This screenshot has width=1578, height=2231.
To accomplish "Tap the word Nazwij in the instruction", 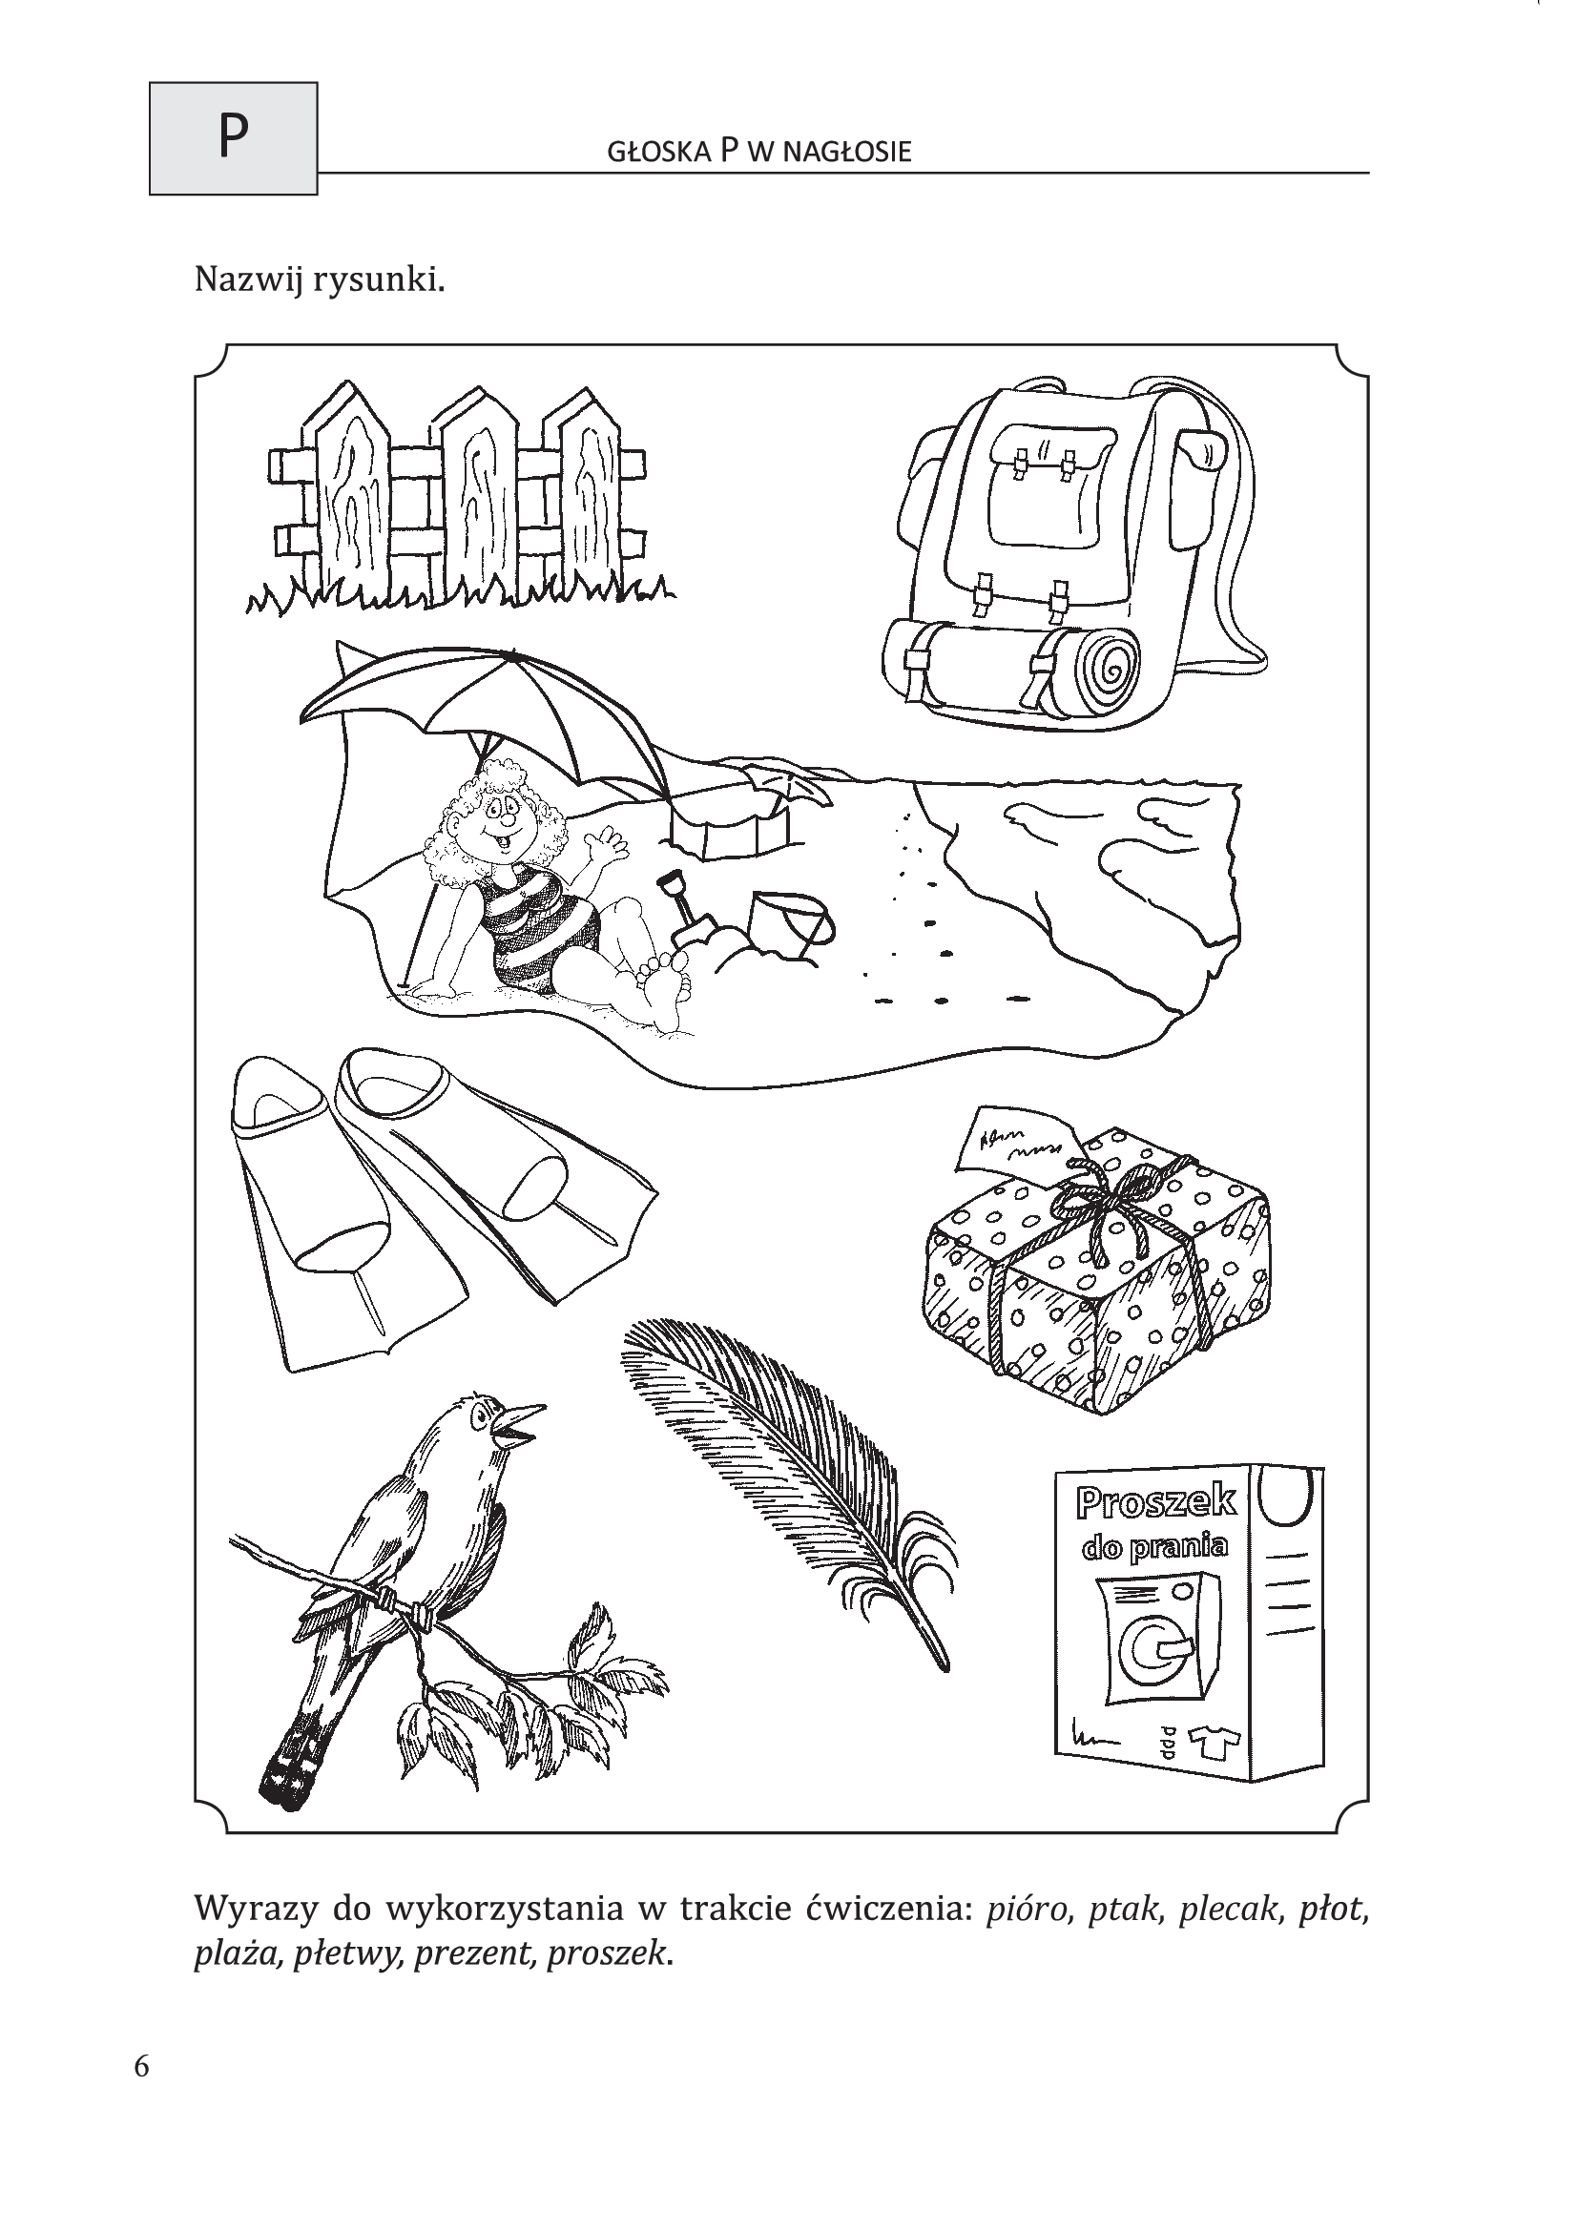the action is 248,280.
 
